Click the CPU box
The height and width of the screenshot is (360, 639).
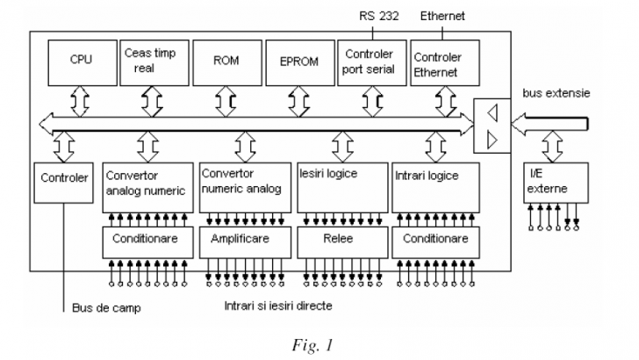tap(82, 61)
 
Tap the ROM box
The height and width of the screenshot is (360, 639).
tap(226, 61)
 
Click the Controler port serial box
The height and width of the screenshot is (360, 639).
tap(371, 61)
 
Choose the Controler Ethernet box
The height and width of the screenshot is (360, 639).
tap(438, 61)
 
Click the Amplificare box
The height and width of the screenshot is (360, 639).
tap(243, 239)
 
